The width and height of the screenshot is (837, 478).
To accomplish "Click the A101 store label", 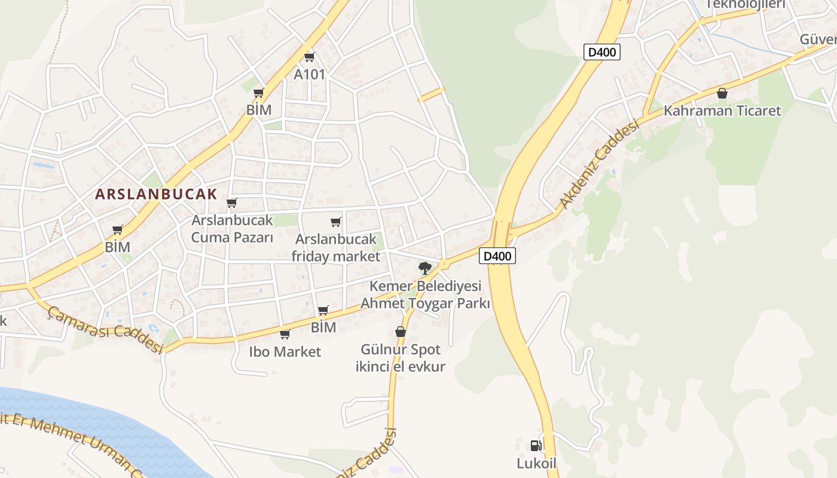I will pyautogui.click(x=310, y=74).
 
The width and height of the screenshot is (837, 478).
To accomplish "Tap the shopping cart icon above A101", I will pyautogui.click(x=309, y=57).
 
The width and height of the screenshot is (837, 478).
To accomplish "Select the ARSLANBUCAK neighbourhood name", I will pyautogui.click(x=156, y=194).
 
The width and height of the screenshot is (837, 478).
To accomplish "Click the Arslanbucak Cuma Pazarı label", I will pyautogui.click(x=232, y=228).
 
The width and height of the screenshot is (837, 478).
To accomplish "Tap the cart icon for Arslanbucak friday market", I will pyautogui.click(x=336, y=222).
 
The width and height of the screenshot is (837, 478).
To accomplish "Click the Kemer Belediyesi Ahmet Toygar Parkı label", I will pyautogui.click(x=425, y=295).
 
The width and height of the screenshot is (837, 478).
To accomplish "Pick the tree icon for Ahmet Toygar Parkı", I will pyautogui.click(x=425, y=268).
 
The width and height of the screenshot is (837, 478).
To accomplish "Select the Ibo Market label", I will pyautogui.click(x=285, y=351).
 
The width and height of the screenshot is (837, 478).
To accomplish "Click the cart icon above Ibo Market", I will pyautogui.click(x=285, y=334).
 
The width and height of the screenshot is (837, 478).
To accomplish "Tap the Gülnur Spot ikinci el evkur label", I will pyautogui.click(x=401, y=357).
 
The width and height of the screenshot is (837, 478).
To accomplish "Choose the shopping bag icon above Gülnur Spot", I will pyautogui.click(x=401, y=332).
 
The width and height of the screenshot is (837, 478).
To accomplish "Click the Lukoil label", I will pyautogui.click(x=536, y=463).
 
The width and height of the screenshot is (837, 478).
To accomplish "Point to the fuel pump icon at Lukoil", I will pyautogui.click(x=536, y=445).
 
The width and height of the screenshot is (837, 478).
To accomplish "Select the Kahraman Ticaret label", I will pyautogui.click(x=722, y=111).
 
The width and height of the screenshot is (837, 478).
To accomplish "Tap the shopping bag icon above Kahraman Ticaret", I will pyautogui.click(x=722, y=93).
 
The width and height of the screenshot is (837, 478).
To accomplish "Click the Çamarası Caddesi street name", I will pyautogui.click(x=105, y=330).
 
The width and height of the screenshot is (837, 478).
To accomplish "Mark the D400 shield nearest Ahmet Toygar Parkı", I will pyautogui.click(x=497, y=256).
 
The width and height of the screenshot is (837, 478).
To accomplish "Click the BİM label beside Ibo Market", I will pyautogui.click(x=323, y=327).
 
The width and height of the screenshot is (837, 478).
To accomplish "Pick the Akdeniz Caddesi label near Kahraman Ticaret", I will pyautogui.click(x=600, y=164).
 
